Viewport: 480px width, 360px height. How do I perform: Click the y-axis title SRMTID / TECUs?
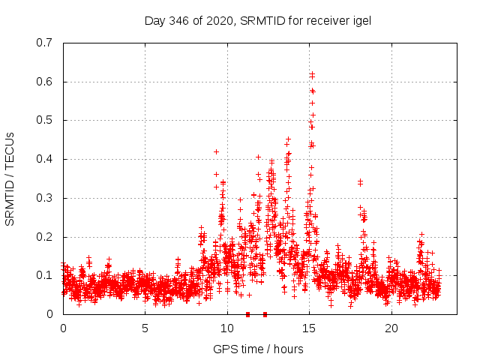pos(10,178)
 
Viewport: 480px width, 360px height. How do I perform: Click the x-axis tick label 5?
pos(145,328)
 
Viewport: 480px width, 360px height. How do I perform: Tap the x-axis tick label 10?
pos(227,328)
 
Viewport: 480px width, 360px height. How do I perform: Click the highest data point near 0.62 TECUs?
pos(312,73)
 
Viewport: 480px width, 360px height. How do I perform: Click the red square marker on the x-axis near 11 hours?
pos(247,314)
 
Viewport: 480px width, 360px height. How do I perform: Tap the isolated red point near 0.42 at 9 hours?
pos(217,151)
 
